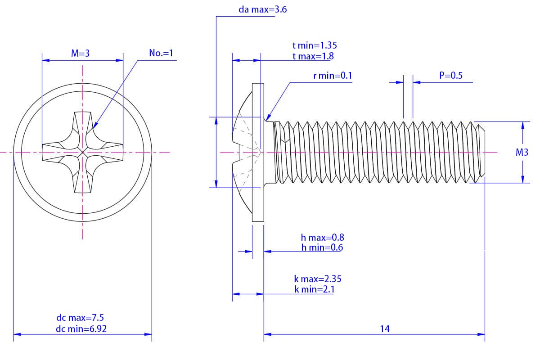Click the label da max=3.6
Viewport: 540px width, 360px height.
pyautogui.click(x=263, y=9)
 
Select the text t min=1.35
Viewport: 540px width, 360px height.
pyautogui.click(x=315, y=45)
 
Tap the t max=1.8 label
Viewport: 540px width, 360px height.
pyautogui.click(x=313, y=56)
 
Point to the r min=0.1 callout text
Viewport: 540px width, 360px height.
pyautogui.click(x=333, y=76)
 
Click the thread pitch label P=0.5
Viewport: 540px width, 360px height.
pyautogui.click(x=451, y=76)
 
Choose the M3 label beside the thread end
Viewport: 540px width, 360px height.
pyautogui.click(x=522, y=153)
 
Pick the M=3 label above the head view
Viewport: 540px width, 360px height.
pyautogui.click(x=81, y=53)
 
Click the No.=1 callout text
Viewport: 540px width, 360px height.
pyautogui.click(x=161, y=53)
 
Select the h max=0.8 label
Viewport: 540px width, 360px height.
pyautogui.click(x=323, y=237)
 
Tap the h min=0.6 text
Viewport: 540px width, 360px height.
pyautogui.click(x=323, y=247)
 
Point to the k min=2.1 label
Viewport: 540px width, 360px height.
pyautogui.click(x=314, y=289)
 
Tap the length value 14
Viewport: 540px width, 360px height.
pyautogui.click(x=384, y=329)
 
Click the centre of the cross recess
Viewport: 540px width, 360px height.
pyautogui.click(x=83, y=153)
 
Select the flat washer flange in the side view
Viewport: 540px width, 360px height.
pyautogui.click(x=257, y=153)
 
